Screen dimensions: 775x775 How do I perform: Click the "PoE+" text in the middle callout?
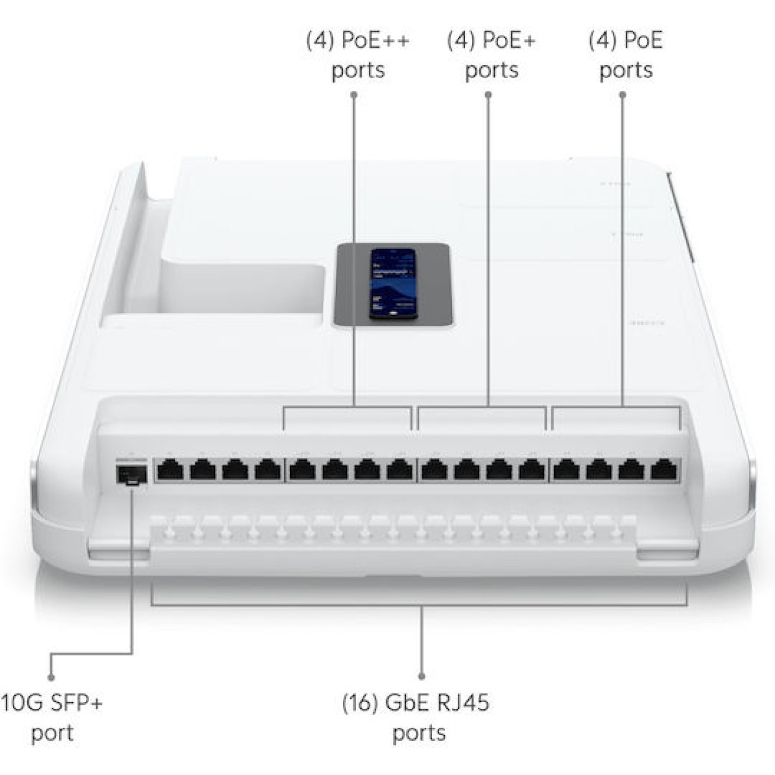tap(509, 41)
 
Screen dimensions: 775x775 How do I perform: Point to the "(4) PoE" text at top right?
tap(625, 41)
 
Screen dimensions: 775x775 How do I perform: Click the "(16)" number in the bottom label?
tap(359, 702)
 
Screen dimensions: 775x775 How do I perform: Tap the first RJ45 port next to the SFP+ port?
tap(170, 470)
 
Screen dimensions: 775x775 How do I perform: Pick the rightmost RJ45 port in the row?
tap(664, 470)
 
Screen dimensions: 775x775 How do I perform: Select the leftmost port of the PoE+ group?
tap(434, 470)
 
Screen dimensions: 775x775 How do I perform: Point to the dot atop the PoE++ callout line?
tap(354, 95)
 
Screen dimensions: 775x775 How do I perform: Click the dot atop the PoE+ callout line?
tap(488, 95)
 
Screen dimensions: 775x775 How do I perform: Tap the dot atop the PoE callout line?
tap(623, 95)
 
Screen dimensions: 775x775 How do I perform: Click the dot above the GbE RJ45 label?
tap(422, 676)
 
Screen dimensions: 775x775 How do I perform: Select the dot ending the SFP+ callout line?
tap(51, 677)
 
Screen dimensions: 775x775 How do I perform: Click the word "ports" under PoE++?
tap(358, 70)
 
